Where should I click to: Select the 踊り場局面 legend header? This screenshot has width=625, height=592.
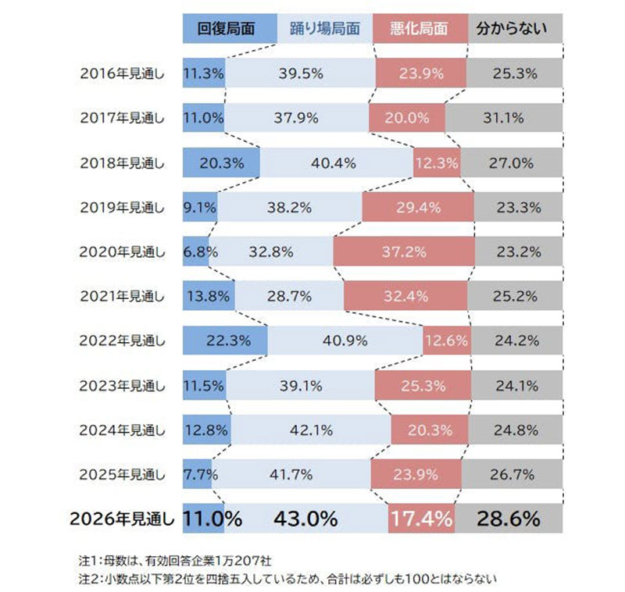[x=325, y=29]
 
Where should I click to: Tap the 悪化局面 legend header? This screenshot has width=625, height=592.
[x=420, y=29]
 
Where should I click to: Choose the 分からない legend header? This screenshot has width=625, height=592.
[x=514, y=29]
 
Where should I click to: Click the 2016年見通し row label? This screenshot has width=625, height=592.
[x=123, y=74]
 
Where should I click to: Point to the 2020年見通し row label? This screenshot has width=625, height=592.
[x=123, y=252]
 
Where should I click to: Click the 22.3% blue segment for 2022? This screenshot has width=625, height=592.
[x=225, y=341]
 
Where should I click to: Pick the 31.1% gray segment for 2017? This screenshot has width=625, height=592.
[x=504, y=119]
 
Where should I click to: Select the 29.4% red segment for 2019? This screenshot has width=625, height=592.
[x=418, y=208]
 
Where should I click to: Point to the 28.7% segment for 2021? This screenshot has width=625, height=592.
[x=289, y=297]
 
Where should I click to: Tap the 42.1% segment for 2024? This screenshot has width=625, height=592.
[x=310, y=430]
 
